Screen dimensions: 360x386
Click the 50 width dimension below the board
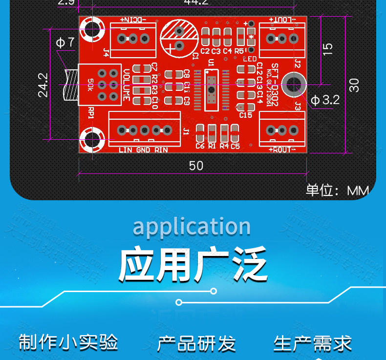point(196,166)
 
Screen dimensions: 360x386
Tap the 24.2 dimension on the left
point(43,85)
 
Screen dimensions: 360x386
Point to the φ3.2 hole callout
point(325,100)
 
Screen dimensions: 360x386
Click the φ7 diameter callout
point(65,42)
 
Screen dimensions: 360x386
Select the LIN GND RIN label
point(143,150)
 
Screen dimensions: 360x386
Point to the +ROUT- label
point(282,149)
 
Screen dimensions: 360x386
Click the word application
point(192,227)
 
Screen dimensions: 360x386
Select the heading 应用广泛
point(193,265)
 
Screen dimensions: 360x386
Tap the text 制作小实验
point(68,342)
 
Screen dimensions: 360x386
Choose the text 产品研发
point(196,343)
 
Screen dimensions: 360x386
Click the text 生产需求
point(313,343)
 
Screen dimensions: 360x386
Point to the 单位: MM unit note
point(337,190)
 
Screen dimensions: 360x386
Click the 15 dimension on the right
point(328,48)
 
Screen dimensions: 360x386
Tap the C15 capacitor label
point(245,115)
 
